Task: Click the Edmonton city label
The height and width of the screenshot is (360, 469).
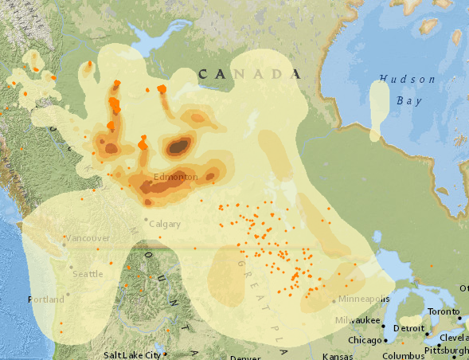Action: (x=175, y=176)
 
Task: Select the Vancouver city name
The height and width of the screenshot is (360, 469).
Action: (x=88, y=238)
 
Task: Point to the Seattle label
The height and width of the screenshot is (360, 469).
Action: (x=88, y=274)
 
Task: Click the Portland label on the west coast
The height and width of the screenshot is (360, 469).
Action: (x=45, y=299)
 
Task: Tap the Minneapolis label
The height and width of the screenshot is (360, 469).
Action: (x=363, y=299)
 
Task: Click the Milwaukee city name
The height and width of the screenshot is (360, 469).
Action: (x=356, y=319)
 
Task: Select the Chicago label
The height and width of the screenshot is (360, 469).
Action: (x=365, y=341)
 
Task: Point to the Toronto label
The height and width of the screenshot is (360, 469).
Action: (x=444, y=311)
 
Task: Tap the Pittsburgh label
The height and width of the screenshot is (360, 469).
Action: (x=446, y=350)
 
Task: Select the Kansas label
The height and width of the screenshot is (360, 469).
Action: (x=336, y=356)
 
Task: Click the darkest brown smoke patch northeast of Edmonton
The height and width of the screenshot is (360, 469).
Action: (x=179, y=146)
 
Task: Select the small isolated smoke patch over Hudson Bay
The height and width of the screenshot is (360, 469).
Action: (x=380, y=111)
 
